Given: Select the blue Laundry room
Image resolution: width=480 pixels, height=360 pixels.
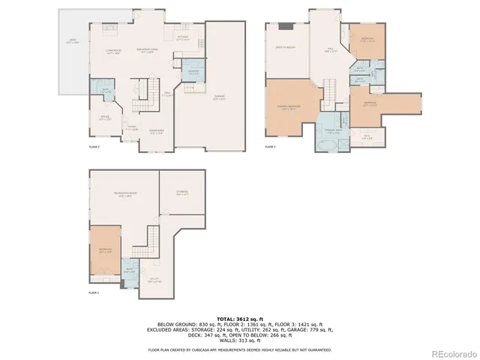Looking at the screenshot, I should point(193,71).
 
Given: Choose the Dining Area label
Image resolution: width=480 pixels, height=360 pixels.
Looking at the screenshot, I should point(157,133).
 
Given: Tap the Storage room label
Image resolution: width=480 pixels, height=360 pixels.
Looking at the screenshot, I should point(182,193).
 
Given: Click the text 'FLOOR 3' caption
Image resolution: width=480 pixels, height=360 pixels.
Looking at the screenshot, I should point(271,147).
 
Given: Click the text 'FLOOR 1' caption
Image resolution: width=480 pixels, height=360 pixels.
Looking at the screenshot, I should point(94,292).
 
